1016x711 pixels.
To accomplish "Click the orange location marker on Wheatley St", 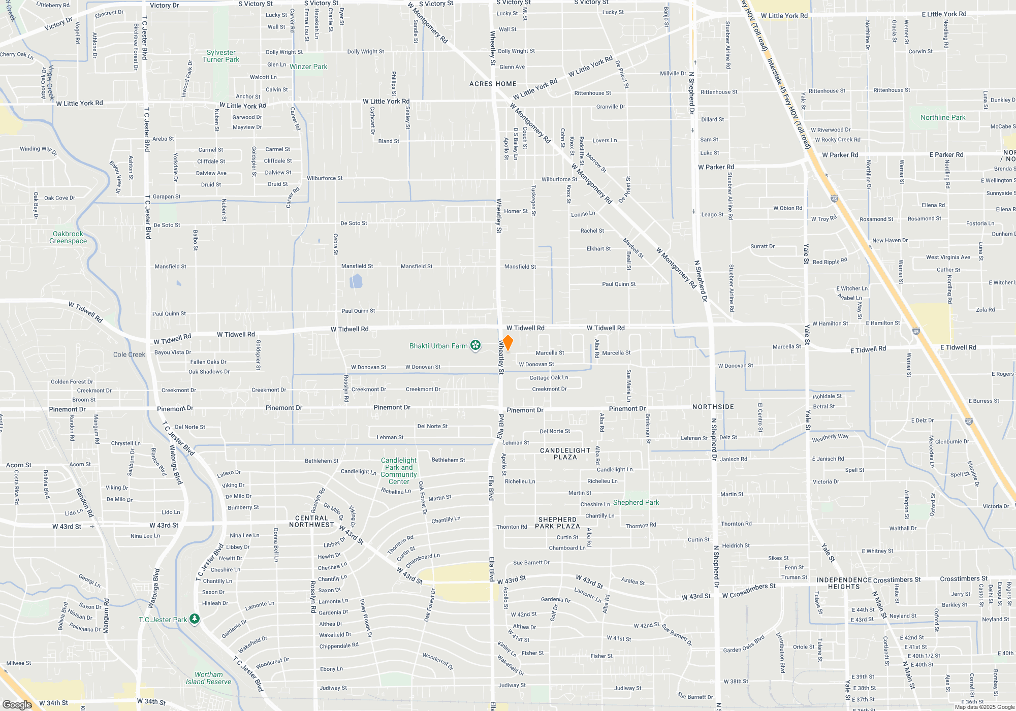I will (x=507, y=342).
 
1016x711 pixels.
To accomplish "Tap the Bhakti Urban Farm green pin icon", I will (x=475, y=345).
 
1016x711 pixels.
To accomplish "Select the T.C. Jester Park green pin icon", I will (x=195, y=619).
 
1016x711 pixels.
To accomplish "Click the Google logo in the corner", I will (x=17, y=705).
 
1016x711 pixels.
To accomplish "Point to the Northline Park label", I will (x=943, y=117).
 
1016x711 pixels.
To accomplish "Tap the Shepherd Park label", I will (x=636, y=502).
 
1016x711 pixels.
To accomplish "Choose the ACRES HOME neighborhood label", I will (x=493, y=84).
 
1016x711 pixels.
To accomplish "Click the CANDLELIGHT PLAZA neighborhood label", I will (x=565, y=454).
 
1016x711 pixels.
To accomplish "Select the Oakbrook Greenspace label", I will (x=68, y=238).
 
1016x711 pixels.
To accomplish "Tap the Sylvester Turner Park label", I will (x=221, y=56).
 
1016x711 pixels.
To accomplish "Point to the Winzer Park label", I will (x=308, y=67).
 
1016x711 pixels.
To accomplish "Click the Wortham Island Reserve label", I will (x=208, y=678).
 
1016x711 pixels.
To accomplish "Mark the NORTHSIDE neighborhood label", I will (x=713, y=407).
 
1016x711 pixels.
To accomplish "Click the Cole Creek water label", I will (x=129, y=354).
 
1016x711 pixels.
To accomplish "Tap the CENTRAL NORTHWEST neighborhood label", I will (x=312, y=522).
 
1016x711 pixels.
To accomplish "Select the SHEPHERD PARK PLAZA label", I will (x=557, y=523).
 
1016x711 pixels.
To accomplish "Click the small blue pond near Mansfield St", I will (x=356, y=281).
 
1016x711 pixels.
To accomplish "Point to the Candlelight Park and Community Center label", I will (x=399, y=471).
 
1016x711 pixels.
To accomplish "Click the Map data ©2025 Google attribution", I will (x=984, y=707).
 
